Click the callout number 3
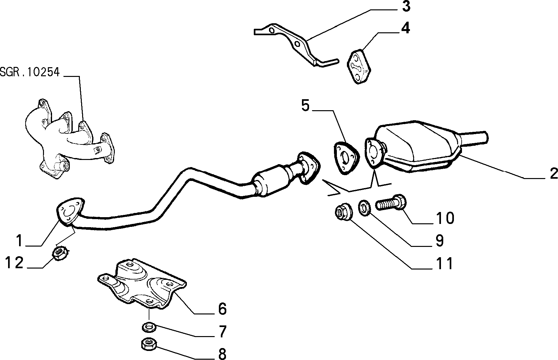coord(406,6)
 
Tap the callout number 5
coord(306,105)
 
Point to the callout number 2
coord(553,174)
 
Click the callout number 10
coord(445,218)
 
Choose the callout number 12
coord(15,262)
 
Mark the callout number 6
coord(222,309)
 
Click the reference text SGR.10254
coord(30,72)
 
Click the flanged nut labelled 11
coord(342,213)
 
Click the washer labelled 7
coord(149,327)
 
